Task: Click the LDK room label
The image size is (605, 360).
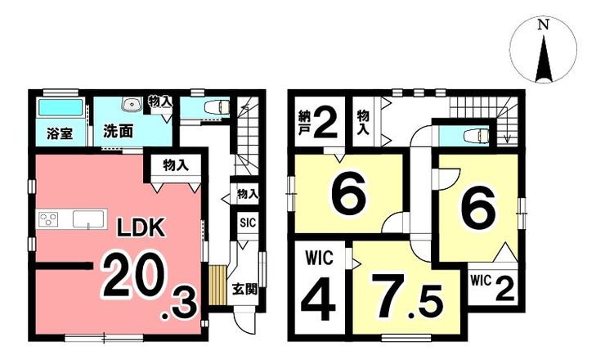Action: [141, 228]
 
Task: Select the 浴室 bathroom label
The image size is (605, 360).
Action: [60, 133]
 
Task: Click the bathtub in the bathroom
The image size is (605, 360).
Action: [60, 107]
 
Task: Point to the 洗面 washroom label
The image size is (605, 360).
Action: [118, 132]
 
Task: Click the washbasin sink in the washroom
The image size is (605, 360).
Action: [131, 104]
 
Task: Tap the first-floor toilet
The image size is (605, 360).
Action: [215, 106]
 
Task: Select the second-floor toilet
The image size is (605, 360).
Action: [477, 136]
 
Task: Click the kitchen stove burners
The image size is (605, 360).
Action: [48, 219]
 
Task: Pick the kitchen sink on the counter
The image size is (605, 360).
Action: [88, 219]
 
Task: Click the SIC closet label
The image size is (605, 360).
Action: [248, 223]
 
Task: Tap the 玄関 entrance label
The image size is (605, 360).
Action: [244, 289]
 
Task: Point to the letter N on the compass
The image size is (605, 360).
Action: [544, 25]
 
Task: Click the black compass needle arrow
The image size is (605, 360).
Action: [544, 59]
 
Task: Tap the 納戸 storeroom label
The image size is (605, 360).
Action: [304, 123]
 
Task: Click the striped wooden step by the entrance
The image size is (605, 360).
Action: [217, 285]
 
